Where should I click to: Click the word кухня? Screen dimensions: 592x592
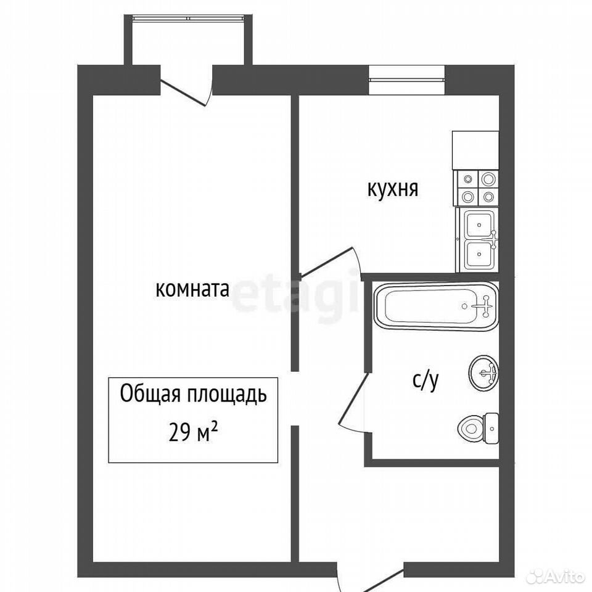(x=393, y=189)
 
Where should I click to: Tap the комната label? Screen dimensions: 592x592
(x=192, y=290)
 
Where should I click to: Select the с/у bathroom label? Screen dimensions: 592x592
(x=425, y=380)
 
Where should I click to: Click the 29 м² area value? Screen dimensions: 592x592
(x=193, y=432)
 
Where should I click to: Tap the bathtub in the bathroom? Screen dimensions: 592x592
(x=436, y=306)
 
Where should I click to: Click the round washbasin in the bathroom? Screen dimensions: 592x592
(x=483, y=373)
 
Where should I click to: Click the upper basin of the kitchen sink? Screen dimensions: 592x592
(x=479, y=224)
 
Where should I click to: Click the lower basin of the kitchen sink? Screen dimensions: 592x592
(x=479, y=255)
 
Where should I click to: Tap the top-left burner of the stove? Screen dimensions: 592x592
(x=468, y=179)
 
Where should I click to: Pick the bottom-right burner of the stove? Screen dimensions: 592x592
(x=488, y=196)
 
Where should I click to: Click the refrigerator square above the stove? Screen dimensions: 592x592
(x=475, y=150)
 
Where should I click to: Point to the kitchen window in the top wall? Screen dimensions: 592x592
(x=406, y=80)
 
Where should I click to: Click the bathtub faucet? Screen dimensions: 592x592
(x=485, y=306)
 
